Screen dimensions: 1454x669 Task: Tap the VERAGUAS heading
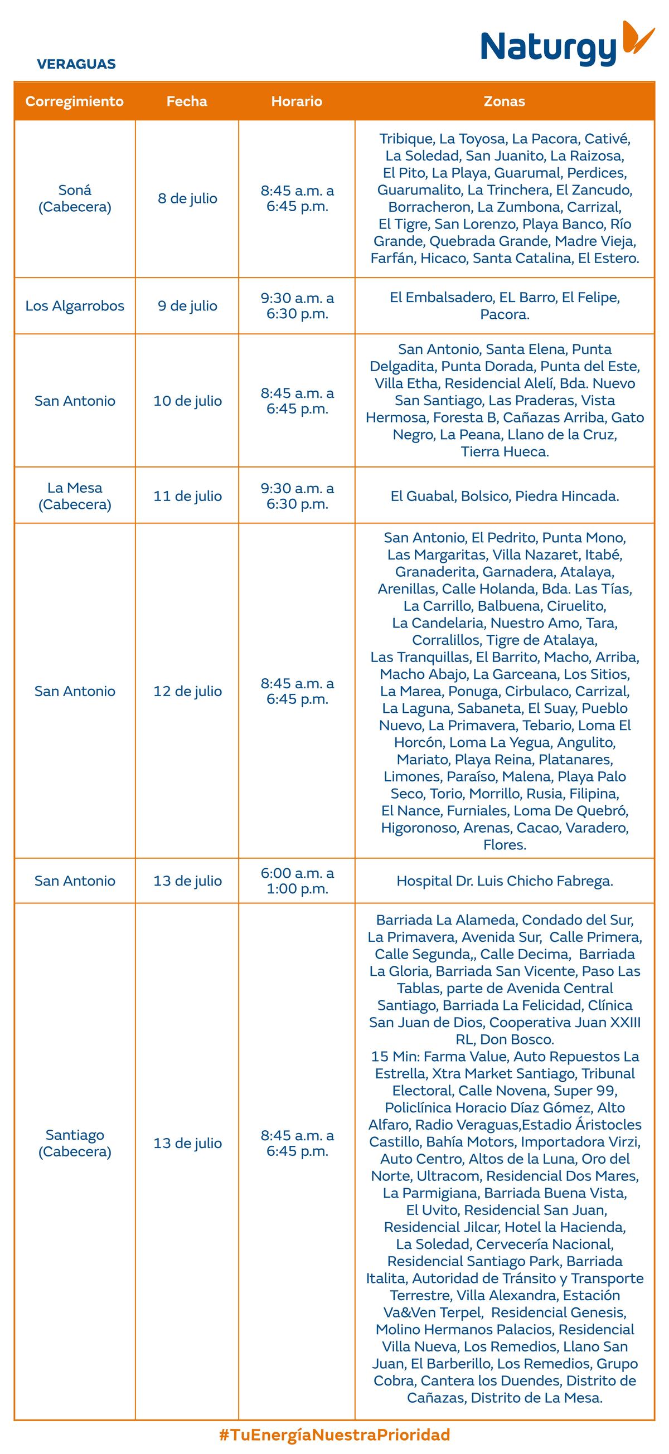(76, 64)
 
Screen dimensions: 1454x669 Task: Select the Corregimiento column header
(75, 101)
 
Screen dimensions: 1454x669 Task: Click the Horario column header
(297, 101)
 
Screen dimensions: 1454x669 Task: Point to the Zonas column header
(504, 101)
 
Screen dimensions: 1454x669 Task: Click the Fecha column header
(187, 101)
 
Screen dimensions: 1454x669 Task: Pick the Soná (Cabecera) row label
(75, 198)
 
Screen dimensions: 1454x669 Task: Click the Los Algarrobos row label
(75, 306)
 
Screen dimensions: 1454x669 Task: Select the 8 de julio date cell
(187, 198)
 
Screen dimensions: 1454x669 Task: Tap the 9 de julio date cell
(187, 306)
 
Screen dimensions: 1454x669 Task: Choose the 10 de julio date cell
(187, 401)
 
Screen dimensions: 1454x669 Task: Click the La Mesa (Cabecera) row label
(75, 495)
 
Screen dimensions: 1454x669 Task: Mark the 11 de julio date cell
(187, 496)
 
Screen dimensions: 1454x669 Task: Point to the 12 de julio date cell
(187, 691)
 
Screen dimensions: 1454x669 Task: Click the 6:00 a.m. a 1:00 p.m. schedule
(297, 881)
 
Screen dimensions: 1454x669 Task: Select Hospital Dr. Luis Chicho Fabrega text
(505, 881)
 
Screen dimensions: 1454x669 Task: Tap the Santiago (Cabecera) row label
(75, 1143)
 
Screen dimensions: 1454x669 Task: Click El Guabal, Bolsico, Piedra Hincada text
(505, 496)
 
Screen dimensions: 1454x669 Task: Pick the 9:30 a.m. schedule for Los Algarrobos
(297, 306)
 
